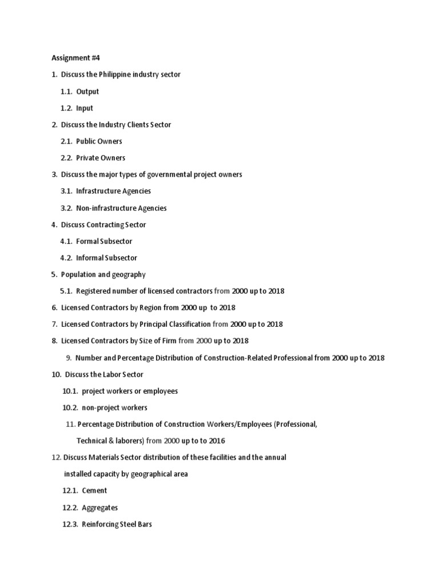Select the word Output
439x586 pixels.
(x=87, y=92)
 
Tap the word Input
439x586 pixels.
(x=85, y=108)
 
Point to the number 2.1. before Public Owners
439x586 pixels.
(x=66, y=141)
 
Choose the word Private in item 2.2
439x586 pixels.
(x=87, y=158)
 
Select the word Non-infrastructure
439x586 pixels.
(x=105, y=208)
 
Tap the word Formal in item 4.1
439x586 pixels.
(x=87, y=241)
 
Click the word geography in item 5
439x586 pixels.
(x=129, y=275)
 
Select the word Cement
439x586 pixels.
(x=94, y=491)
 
